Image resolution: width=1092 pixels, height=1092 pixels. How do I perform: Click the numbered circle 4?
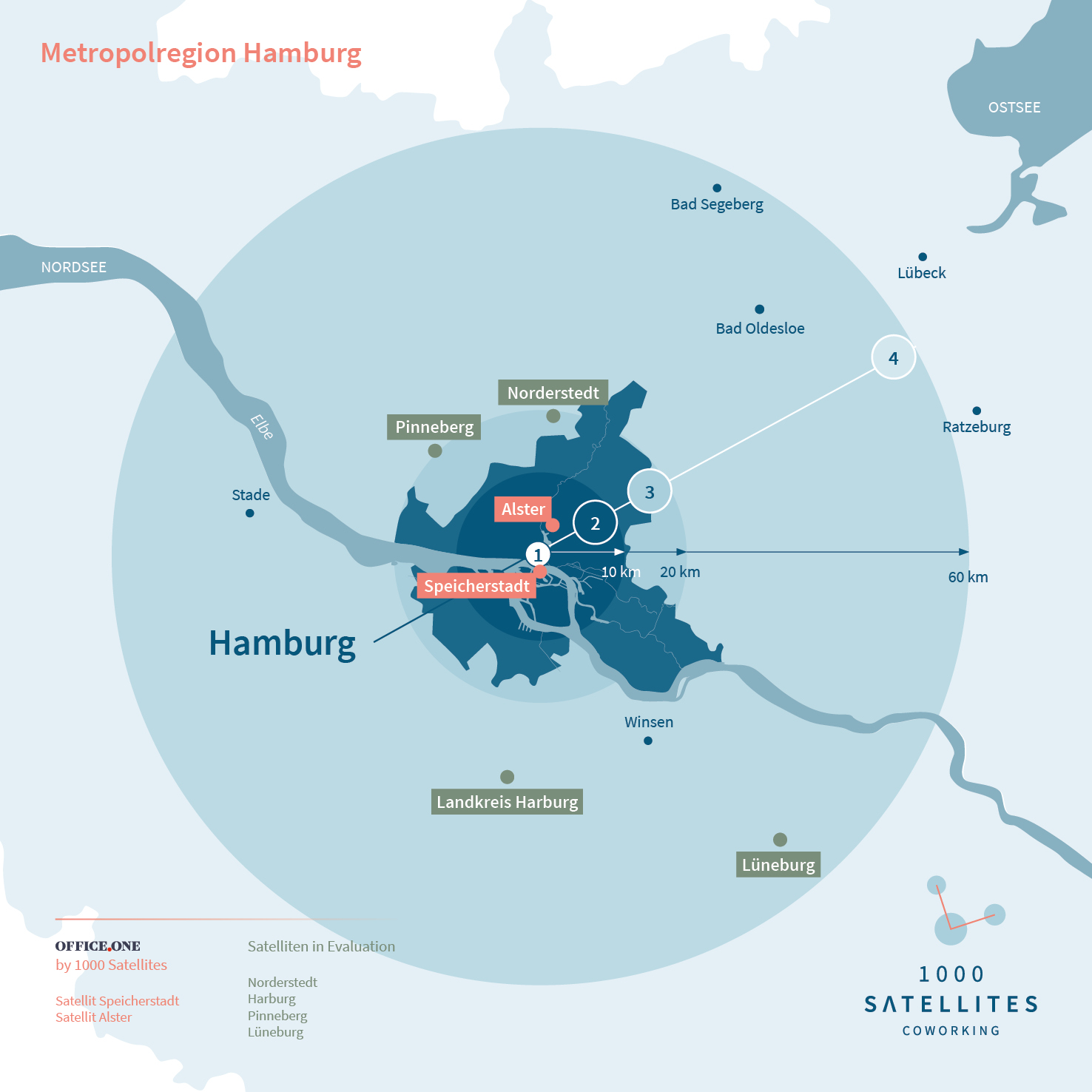pos(894,358)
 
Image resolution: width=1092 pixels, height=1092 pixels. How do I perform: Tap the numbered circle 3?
pos(650,492)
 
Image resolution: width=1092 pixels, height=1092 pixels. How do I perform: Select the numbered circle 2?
pos(595,523)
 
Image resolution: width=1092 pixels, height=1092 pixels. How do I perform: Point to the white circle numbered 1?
pos(538,554)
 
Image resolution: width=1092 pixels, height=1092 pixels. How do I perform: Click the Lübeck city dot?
pos(923,257)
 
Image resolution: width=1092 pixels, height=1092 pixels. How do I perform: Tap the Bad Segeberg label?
pos(717,204)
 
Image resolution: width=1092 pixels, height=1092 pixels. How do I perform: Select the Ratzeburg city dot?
pos(977,411)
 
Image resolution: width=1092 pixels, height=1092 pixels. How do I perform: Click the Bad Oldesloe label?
pos(760,328)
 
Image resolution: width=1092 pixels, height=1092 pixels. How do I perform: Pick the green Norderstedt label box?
pos(553,393)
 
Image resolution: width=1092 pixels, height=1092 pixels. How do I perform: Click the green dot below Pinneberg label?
pos(435,451)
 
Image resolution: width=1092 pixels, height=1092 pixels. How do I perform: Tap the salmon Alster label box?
pos(523,509)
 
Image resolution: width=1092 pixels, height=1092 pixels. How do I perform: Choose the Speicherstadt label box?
pos(476,586)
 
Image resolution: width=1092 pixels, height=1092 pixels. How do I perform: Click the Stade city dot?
pos(250,513)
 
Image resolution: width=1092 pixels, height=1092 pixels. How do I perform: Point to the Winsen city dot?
pos(648,741)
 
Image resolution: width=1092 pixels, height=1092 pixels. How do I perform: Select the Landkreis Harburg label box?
pos(507,802)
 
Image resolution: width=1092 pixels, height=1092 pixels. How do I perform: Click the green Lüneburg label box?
pos(778,865)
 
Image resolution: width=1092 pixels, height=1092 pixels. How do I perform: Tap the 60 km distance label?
pos(968,577)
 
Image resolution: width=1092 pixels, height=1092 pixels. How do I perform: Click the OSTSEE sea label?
pos(1014,107)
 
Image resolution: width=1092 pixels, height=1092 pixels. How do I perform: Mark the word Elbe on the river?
pos(262,427)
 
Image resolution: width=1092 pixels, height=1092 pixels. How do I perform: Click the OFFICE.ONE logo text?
pos(98,946)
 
